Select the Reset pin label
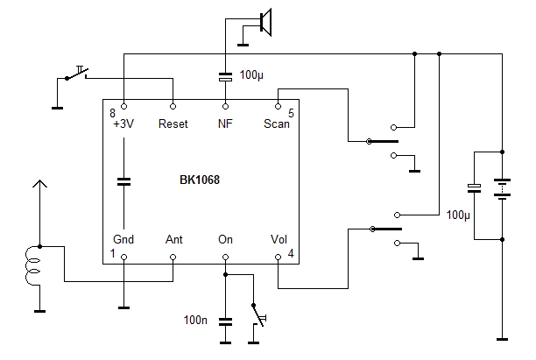(x=173, y=124)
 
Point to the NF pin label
(x=225, y=124)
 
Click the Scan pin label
(x=277, y=124)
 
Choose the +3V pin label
(x=123, y=124)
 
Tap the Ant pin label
(x=173, y=238)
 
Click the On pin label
(x=225, y=238)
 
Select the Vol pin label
(x=279, y=238)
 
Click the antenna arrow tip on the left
(x=37, y=182)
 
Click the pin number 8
(x=112, y=114)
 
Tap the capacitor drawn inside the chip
(x=123, y=181)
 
